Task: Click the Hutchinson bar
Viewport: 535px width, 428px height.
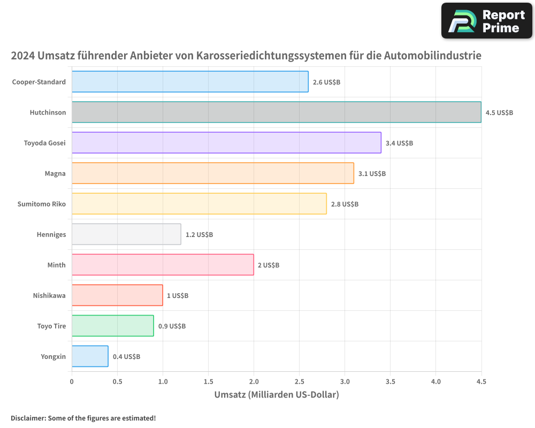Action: [276, 112]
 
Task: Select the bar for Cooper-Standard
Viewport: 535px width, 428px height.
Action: [190, 82]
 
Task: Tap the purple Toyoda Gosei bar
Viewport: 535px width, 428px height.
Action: [226, 143]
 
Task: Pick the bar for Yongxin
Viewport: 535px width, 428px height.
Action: [90, 356]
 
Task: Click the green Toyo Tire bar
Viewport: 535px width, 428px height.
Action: [112, 326]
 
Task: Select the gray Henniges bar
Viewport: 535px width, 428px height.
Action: [126, 234]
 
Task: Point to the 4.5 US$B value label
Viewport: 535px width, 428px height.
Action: [499, 113]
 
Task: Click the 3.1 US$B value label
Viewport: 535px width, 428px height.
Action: [372, 174]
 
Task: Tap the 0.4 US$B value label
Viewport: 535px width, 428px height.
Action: [126, 357]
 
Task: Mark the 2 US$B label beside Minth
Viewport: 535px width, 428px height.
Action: [269, 265]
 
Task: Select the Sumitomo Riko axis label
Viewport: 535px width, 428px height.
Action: [42, 204]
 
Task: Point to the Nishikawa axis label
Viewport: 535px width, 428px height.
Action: [49, 295]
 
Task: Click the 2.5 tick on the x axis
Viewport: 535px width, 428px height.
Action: [299, 381]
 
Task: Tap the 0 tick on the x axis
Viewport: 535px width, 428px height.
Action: [72, 381]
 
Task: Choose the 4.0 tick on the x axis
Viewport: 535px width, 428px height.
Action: [435, 381]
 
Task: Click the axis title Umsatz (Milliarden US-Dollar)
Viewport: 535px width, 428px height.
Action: [277, 395]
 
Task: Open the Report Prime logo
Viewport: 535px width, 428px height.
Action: [486, 21]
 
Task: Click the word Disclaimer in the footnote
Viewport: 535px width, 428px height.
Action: [27, 418]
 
